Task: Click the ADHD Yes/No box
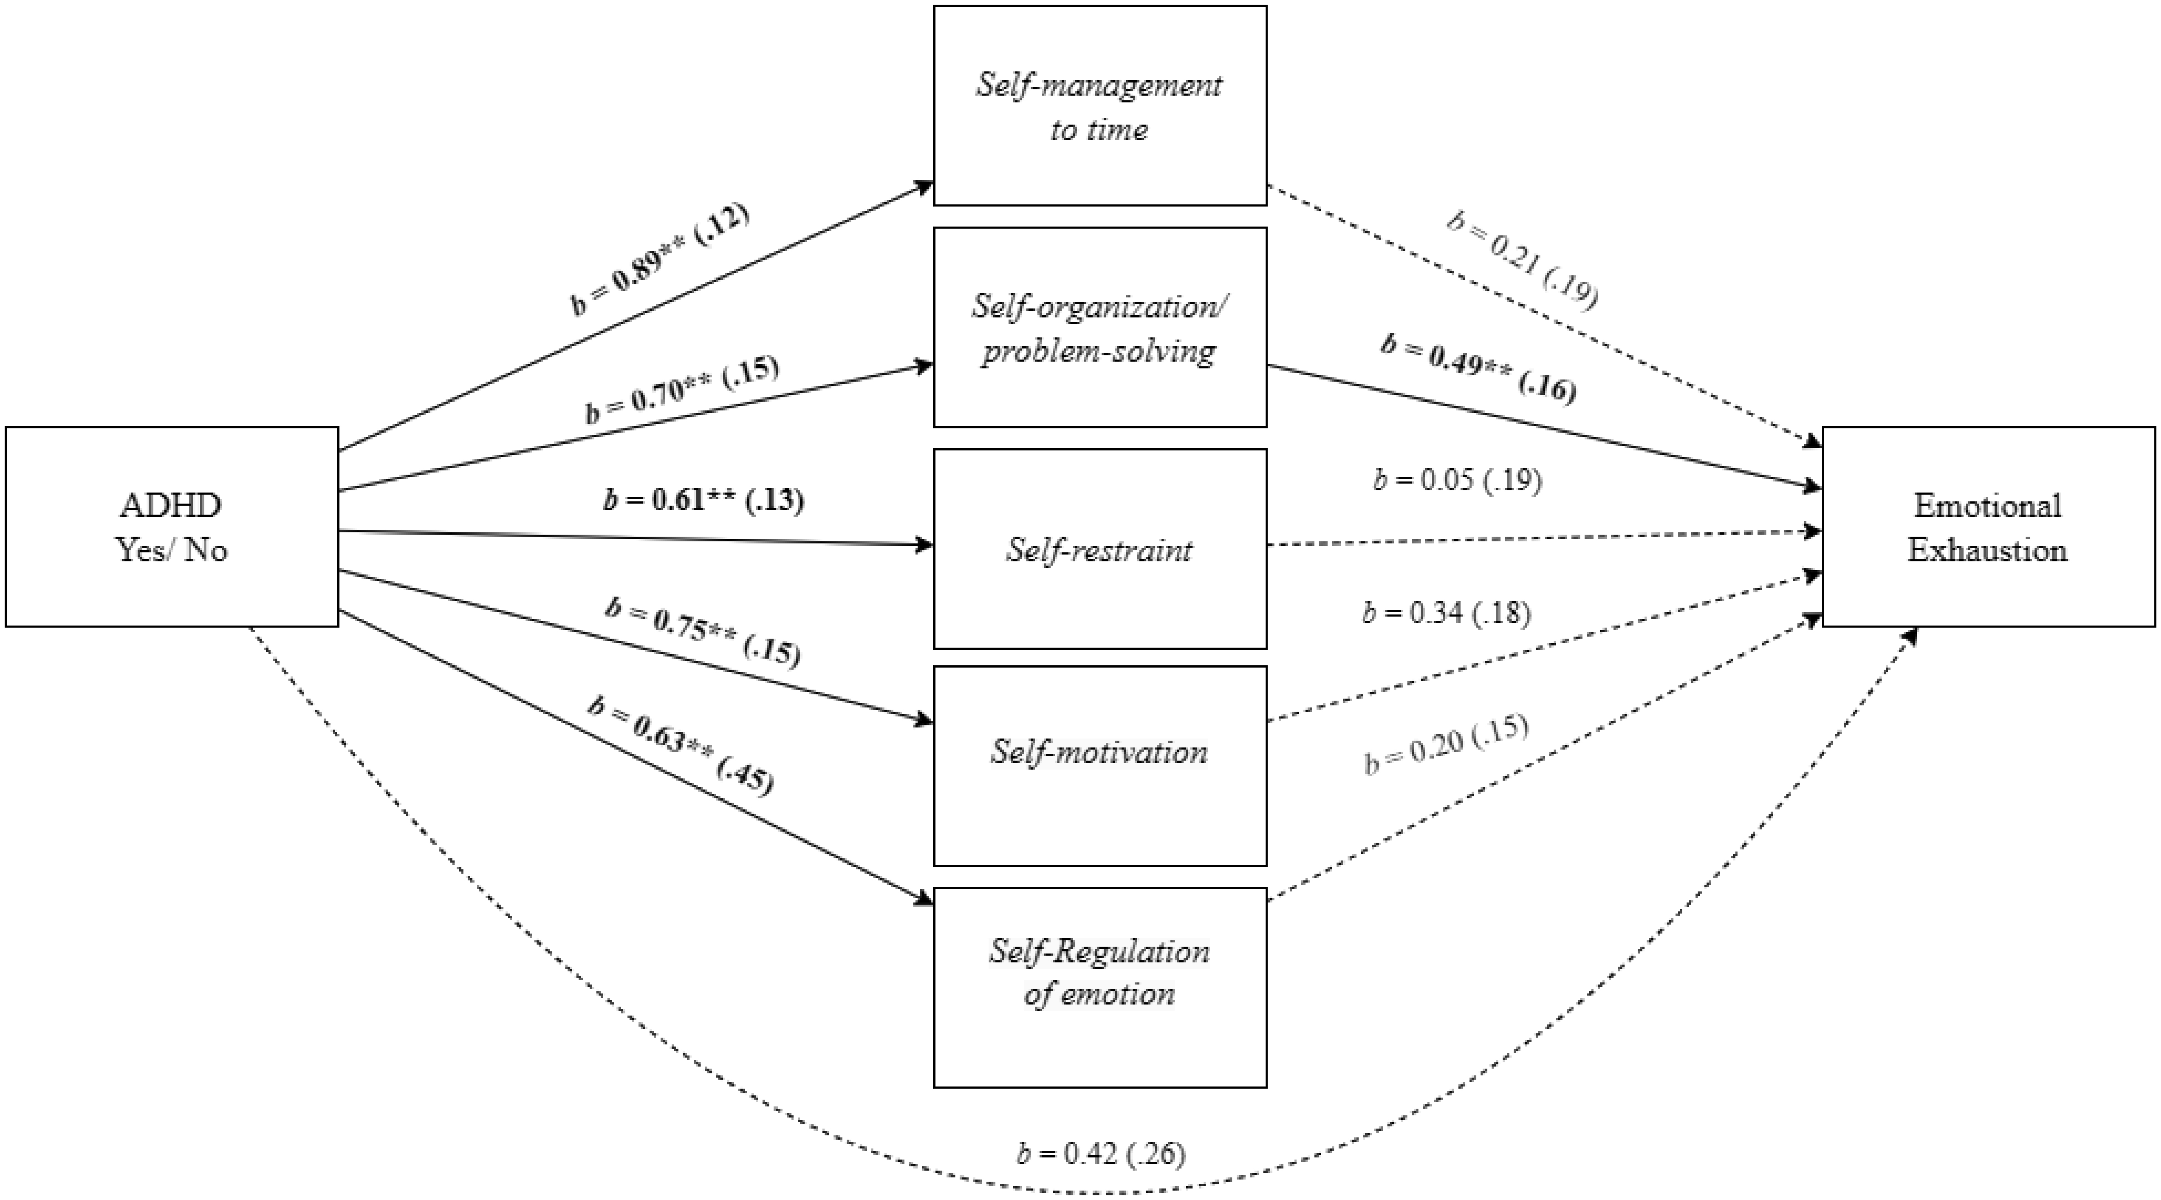[x=172, y=527]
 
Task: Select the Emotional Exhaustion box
[x=1988, y=527]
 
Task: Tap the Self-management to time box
[x=1100, y=106]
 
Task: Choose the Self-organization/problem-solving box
[x=1100, y=327]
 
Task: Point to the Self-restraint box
[x=1100, y=549]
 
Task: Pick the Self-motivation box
[x=1100, y=766]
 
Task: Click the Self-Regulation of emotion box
[x=1100, y=988]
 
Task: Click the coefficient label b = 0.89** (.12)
[x=659, y=258]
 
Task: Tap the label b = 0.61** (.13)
[x=703, y=500]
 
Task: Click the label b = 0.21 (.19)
[x=1523, y=260]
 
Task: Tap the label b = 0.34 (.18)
[x=1446, y=613]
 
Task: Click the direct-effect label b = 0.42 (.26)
[x=1101, y=1155]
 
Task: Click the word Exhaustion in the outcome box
[x=1987, y=550]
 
